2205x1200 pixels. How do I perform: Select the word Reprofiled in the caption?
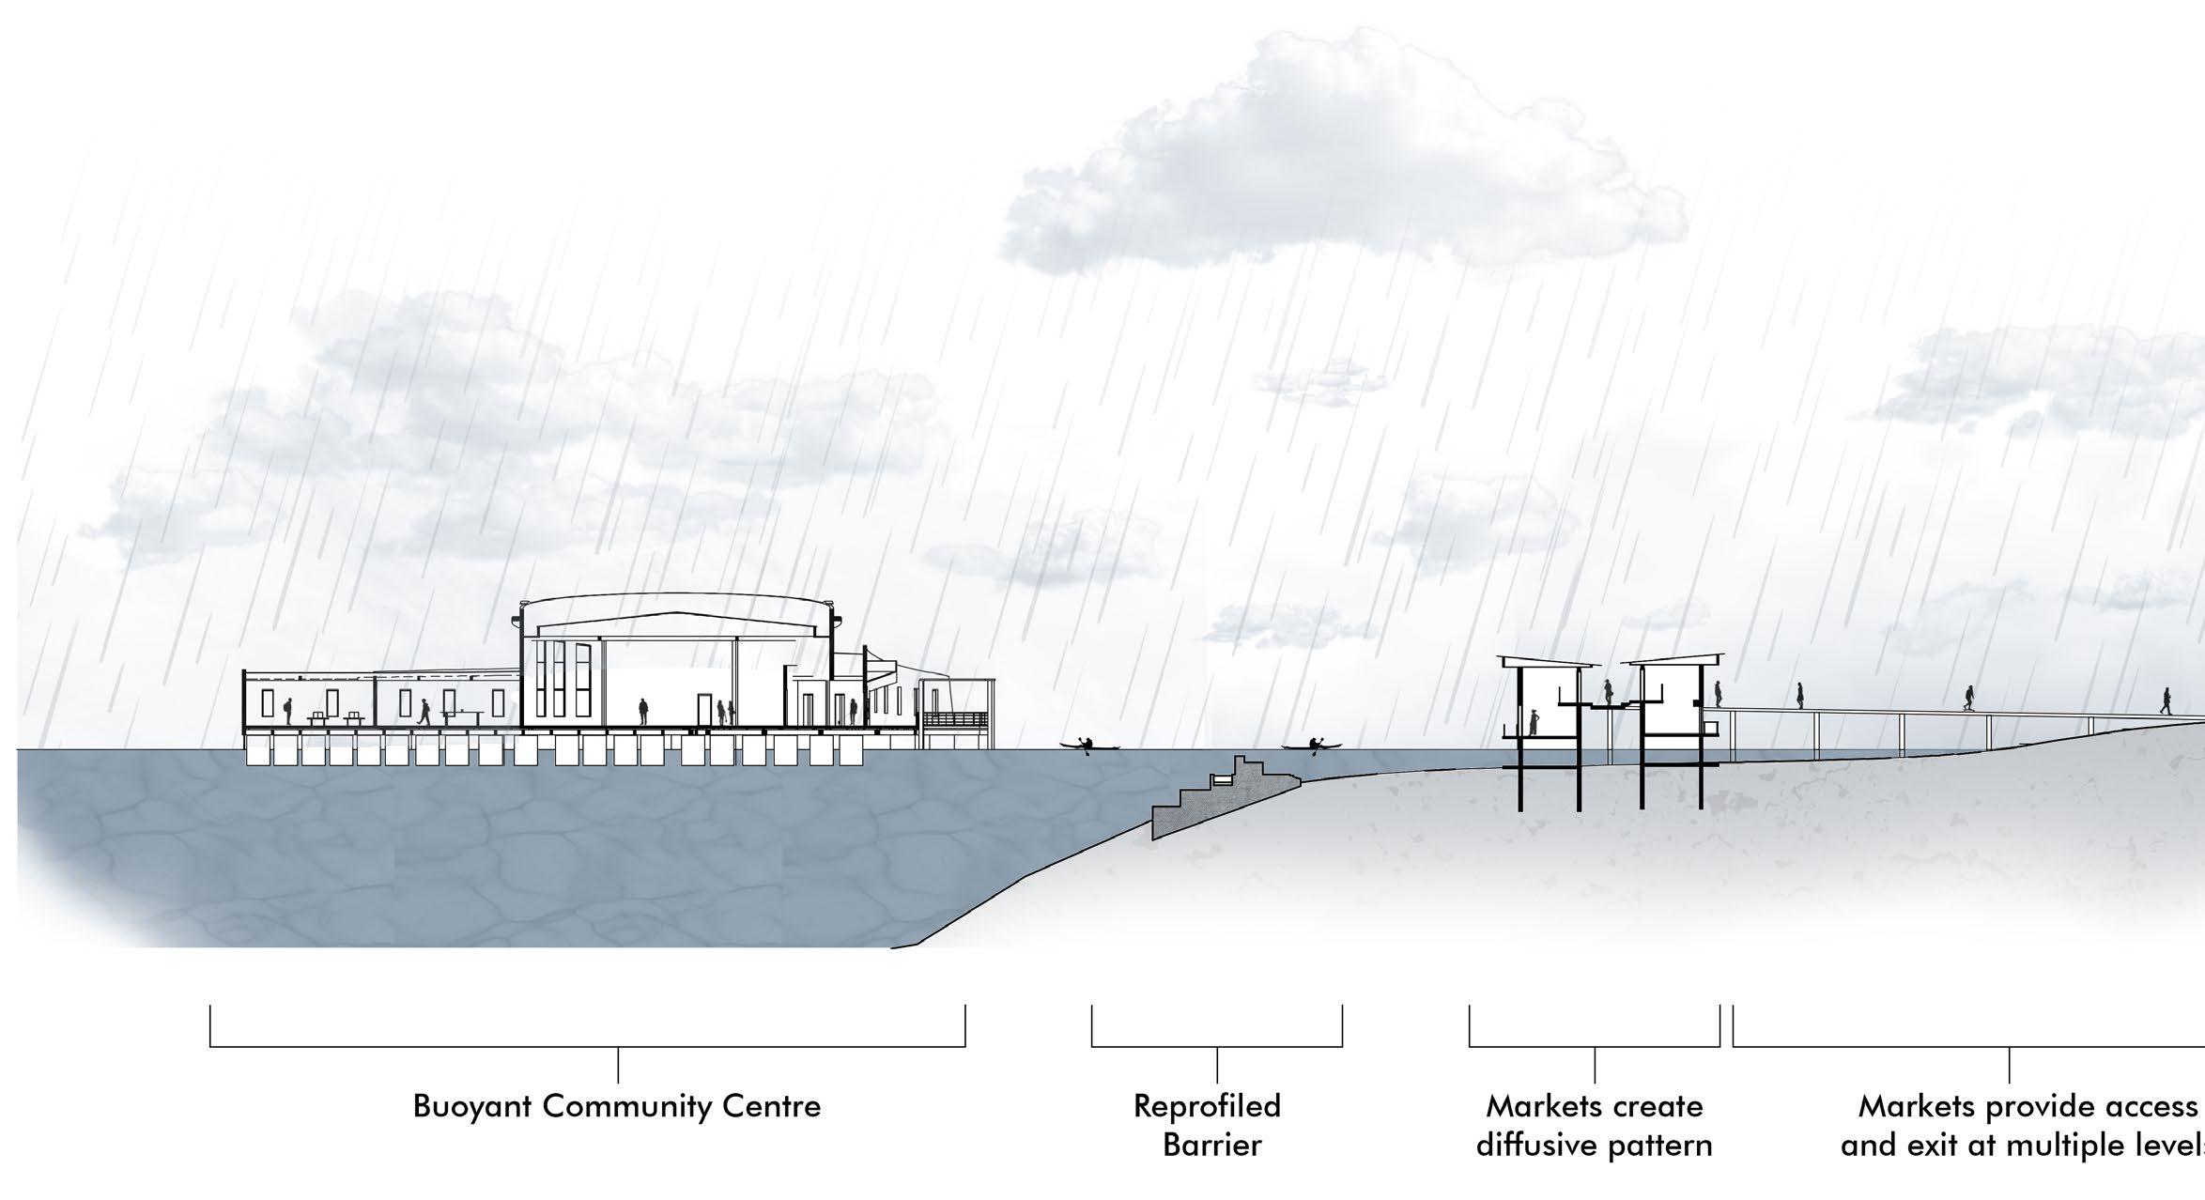[1207, 1106]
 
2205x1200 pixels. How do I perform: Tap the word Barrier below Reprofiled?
[1211, 1146]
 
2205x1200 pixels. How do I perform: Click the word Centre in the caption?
[774, 1107]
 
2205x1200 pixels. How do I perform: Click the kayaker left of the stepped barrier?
[1087, 746]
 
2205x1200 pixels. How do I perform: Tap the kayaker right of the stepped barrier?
[1314, 746]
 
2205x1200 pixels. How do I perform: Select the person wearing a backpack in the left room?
[288, 711]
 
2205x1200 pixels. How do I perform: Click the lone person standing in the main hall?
[643, 711]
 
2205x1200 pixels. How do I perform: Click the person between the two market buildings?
[1608, 694]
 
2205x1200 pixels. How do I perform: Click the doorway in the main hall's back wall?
[704, 710]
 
